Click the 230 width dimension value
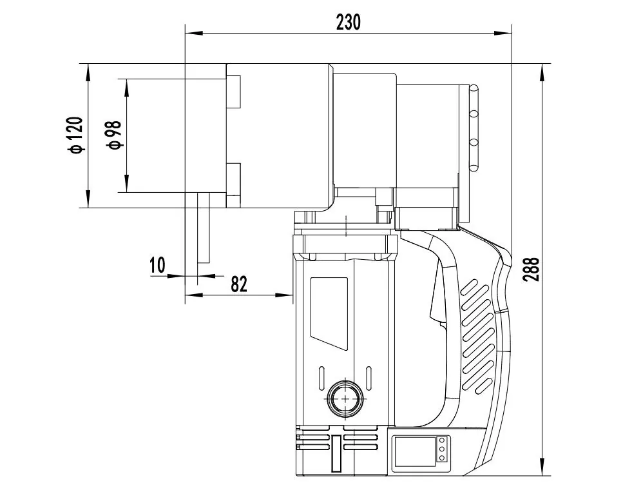coord(349,22)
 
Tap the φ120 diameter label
coord(76,135)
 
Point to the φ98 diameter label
coord(114,135)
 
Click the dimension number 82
coord(239,284)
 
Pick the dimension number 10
coord(157,264)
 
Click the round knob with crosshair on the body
coord(345,399)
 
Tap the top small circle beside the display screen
coord(442,440)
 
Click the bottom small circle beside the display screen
coord(442,457)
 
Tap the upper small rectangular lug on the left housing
coord(233,91)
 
